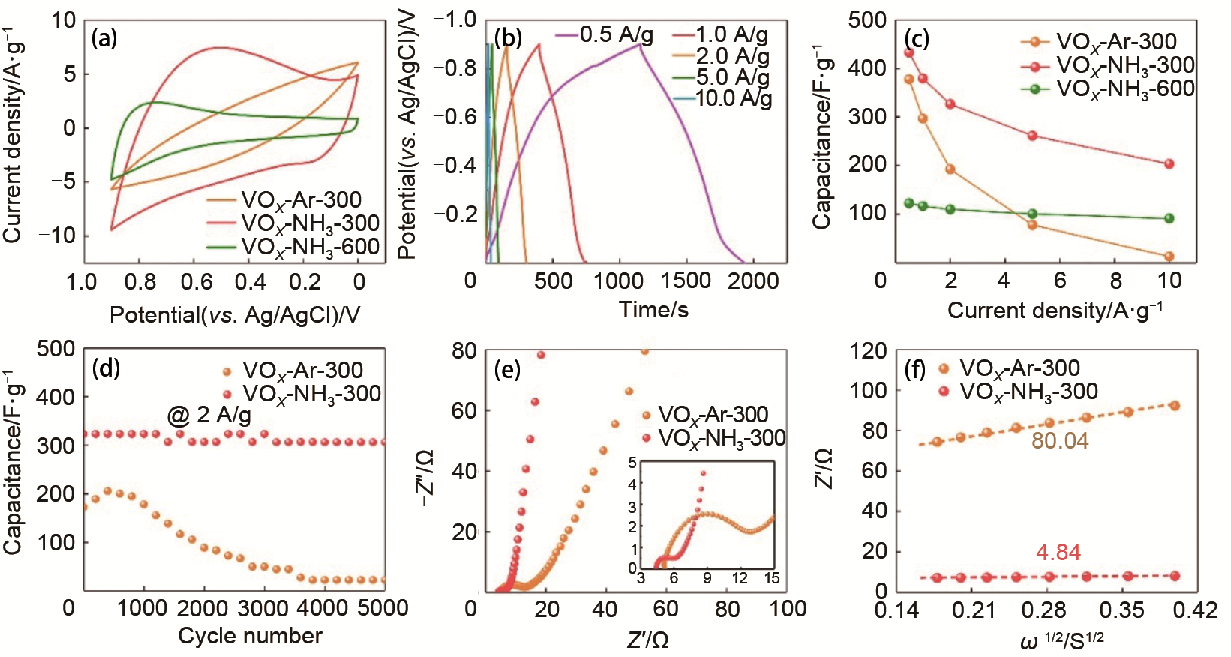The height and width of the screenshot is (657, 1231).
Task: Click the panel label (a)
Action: (104, 37)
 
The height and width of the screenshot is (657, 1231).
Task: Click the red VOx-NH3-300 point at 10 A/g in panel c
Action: (1169, 164)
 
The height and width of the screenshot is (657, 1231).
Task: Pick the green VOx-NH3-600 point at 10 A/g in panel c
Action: (1169, 219)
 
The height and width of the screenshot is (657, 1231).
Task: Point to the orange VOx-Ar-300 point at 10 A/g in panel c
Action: (1169, 256)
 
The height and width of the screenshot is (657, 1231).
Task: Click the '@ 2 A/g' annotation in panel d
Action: (209, 414)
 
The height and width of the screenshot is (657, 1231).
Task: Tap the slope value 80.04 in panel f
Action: (1060, 440)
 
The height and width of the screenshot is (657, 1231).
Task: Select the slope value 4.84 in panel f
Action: (1058, 553)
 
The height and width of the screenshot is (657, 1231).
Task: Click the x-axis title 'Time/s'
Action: (653, 310)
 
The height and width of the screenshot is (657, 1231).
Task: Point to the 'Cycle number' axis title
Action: (250, 636)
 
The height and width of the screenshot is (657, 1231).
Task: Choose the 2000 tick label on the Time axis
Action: (753, 281)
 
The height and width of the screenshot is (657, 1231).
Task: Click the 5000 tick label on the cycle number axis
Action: (383, 607)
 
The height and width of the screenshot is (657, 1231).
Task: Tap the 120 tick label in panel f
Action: (869, 351)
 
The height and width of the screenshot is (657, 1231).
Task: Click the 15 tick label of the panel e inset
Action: (772, 578)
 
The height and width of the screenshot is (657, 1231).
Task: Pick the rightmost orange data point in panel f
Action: (1175, 406)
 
